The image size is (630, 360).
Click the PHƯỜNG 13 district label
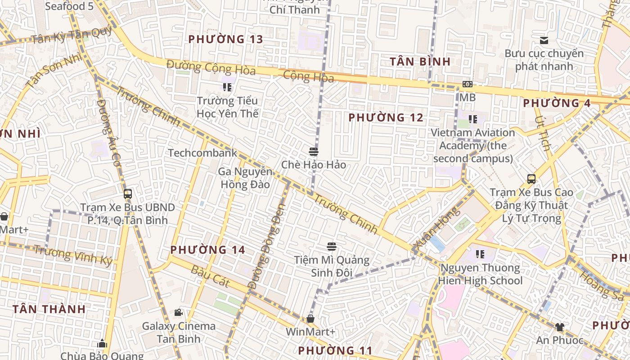(x=225, y=39)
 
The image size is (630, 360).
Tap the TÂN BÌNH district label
(x=420, y=62)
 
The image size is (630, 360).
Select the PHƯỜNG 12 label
(x=386, y=118)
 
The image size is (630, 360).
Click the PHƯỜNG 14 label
(x=207, y=250)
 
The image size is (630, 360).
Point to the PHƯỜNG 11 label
(x=335, y=351)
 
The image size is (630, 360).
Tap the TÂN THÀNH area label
(x=49, y=309)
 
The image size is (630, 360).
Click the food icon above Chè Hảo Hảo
(x=314, y=151)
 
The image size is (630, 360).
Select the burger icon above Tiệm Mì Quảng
(x=332, y=247)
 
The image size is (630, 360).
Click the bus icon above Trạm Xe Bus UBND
(x=128, y=194)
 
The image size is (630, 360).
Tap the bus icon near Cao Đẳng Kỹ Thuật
(x=531, y=179)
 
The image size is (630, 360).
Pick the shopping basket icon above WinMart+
(x=310, y=319)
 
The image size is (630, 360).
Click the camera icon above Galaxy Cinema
(x=179, y=312)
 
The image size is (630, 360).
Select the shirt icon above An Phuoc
(x=559, y=327)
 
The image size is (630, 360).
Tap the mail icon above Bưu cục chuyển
(x=544, y=40)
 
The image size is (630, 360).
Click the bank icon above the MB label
(x=468, y=84)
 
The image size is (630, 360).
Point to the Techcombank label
(x=202, y=153)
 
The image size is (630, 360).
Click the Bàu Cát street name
(x=211, y=276)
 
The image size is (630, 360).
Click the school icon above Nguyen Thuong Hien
(x=480, y=254)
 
